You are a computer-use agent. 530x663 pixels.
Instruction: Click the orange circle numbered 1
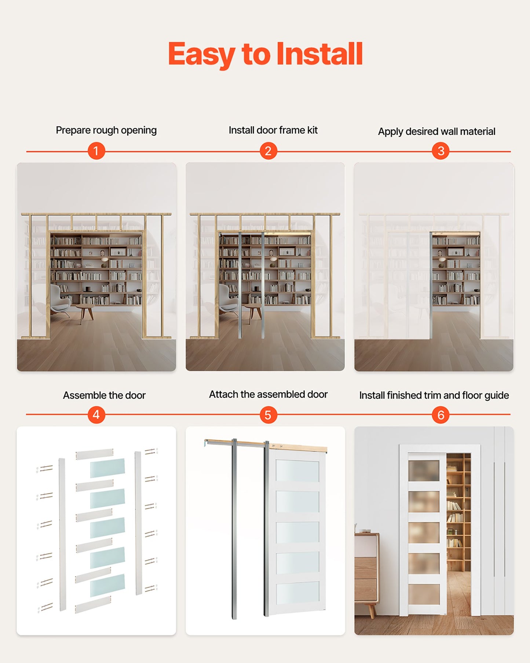tap(96, 151)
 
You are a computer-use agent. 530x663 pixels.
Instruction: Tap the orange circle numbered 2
tap(268, 151)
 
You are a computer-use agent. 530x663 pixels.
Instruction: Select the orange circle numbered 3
tap(441, 151)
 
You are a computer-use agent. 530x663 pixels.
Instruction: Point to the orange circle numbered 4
tap(96, 415)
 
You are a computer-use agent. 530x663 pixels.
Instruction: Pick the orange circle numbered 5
tap(268, 415)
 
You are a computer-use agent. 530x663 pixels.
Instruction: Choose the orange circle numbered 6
tap(441, 415)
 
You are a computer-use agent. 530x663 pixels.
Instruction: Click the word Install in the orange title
tap(319, 54)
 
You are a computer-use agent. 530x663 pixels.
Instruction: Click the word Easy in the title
tap(201, 55)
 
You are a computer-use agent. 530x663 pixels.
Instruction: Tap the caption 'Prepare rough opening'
tap(106, 130)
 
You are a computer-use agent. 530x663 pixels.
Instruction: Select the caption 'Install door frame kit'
tap(273, 130)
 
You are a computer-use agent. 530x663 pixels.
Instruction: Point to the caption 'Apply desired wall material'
tap(436, 131)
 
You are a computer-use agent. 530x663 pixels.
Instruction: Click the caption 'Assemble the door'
tap(104, 395)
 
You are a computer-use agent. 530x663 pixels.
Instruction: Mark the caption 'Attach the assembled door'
tap(268, 394)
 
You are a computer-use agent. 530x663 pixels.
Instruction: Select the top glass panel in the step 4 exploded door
tap(107, 468)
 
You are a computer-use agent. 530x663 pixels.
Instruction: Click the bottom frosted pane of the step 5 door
tap(297, 592)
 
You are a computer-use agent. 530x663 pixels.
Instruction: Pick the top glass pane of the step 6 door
tap(424, 470)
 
